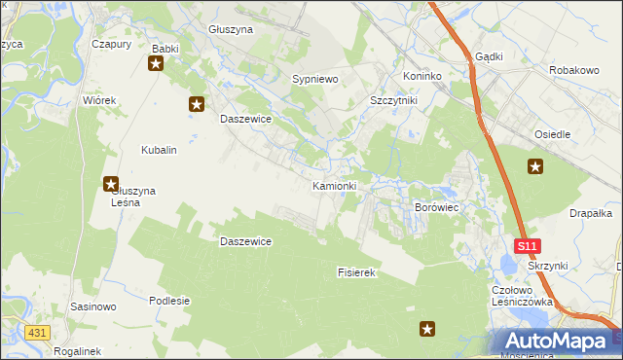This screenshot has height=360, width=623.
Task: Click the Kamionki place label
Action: tap(334, 186)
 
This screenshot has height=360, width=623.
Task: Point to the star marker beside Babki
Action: tap(157, 64)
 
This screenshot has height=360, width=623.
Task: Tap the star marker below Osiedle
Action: tap(535, 166)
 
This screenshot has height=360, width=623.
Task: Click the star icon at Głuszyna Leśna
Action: tap(111, 183)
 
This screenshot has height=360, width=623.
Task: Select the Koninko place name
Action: tap(422, 76)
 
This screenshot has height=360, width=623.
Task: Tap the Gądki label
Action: tap(489, 56)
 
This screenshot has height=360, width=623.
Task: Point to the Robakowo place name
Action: tap(572, 71)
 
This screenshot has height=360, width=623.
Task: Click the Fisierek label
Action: tap(356, 273)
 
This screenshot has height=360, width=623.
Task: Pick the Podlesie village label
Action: tap(169, 301)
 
